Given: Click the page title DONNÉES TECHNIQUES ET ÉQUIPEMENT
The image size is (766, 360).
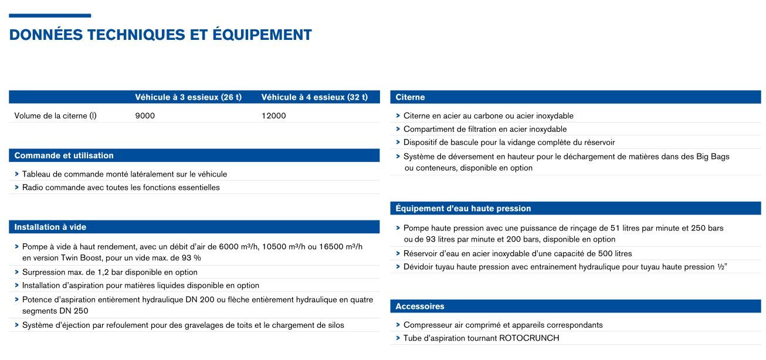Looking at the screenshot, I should pyautogui.click(x=160, y=35).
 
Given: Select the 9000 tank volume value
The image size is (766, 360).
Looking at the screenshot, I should pyautogui.click(x=145, y=116).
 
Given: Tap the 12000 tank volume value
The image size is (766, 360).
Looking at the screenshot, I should pyautogui.click(x=273, y=116).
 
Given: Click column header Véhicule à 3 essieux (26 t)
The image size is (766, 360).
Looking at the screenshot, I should pyautogui.click(x=188, y=97).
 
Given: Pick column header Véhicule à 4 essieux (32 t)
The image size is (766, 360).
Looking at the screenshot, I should pyautogui.click(x=314, y=97).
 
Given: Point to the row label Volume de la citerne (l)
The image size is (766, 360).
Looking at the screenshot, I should pyautogui.click(x=55, y=116).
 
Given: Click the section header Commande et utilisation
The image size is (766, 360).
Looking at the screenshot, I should pyautogui.click(x=64, y=156).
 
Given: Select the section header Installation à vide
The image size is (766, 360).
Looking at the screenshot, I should pyautogui.click(x=50, y=227).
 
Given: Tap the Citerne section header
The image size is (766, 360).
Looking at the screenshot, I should pyautogui.click(x=410, y=97).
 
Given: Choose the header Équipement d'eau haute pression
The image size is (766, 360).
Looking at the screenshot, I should pyautogui.click(x=463, y=209).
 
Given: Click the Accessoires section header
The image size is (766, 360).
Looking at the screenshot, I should pyautogui.click(x=419, y=307).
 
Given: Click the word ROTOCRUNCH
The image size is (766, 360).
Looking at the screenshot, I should pyautogui.click(x=529, y=338).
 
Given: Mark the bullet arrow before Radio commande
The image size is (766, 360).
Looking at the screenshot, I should pyautogui.click(x=16, y=188).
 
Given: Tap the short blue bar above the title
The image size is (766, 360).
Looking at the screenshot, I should pyautogui.click(x=50, y=16).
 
